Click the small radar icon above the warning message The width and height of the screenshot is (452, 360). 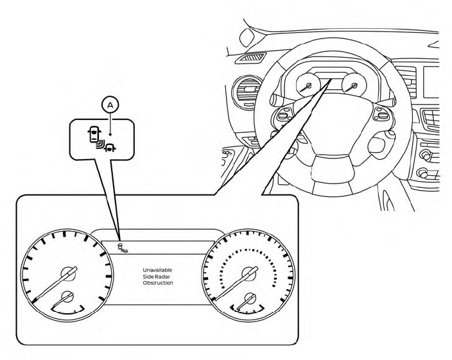click(x=121, y=246)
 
